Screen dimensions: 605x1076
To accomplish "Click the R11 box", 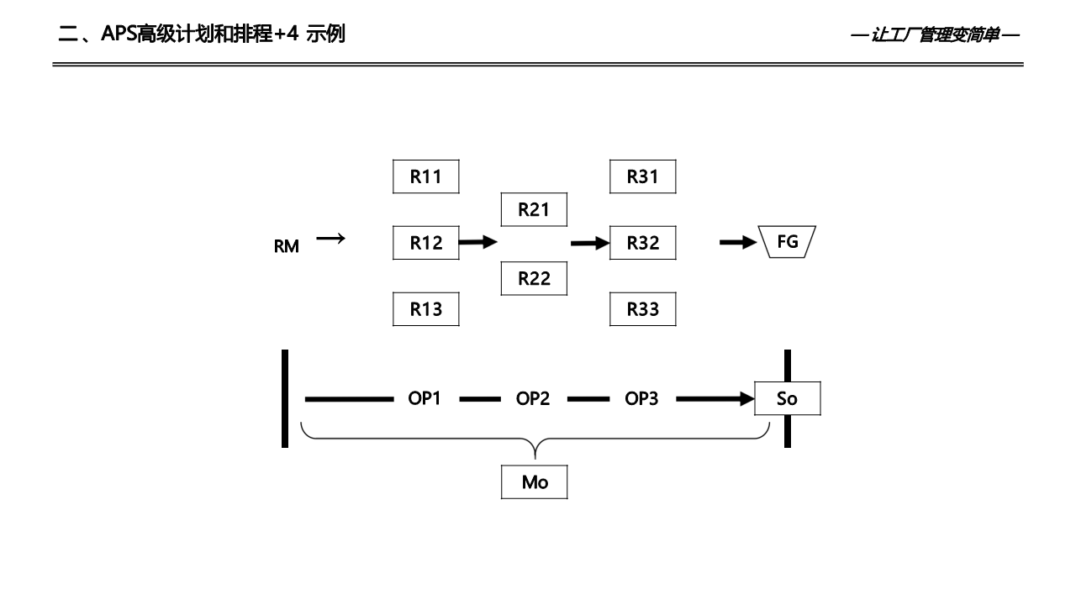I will pyautogui.click(x=425, y=176).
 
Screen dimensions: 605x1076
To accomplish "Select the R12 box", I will pyautogui.click(x=425, y=243).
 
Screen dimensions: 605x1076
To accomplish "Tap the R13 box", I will pyautogui.click(x=425, y=309).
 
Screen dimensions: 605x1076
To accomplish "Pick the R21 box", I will pyautogui.click(x=534, y=210).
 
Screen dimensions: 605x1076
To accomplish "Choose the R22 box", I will pyautogui.click(x=534, y=278).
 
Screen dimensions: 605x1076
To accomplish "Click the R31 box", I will pyautogui.click(x=642, y=176).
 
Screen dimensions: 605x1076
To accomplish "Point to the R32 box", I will pyautogui.click(x=642, y=243).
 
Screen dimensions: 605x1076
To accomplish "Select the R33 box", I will pyautogui.click(x=642, y=309).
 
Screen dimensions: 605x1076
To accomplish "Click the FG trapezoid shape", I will pyautogui.click(x=788, y=242).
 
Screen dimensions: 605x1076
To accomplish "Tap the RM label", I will pyautogui.click(x=286, y=247).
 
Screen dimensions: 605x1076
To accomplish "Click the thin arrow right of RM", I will pyautogui.click(x=330, y=239).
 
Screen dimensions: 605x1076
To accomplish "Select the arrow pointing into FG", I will pyautogui.click(x=737, y=243).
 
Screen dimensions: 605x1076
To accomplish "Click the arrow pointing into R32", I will pyautogui.click(x=588, y=243).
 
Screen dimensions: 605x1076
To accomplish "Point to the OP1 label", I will pyautogui.click(x=425, y=398).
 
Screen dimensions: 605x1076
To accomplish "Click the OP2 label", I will pyautogui.click(x=533, y=398).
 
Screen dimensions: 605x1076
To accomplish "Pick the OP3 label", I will pyautogui.click(x=641, y=398).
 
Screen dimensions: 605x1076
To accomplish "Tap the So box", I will pyautogui.click(x=787, y=399).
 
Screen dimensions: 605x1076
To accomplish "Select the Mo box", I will pyautogui.click(x=534, y=482).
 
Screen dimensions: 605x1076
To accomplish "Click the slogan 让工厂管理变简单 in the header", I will pyautogui.click(x=935, y=35).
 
